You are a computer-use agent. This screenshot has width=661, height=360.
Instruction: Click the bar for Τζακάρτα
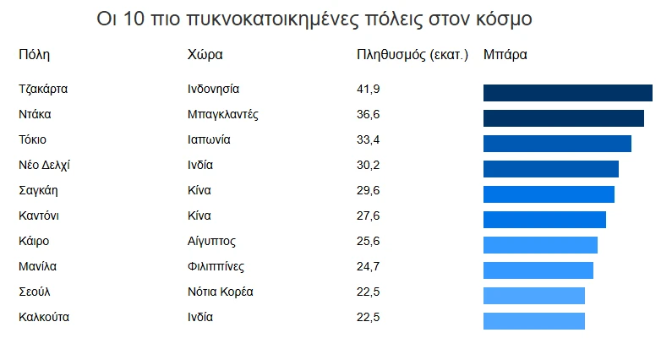tap(567, 93)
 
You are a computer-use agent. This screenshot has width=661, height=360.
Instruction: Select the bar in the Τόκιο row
tap(557, 144)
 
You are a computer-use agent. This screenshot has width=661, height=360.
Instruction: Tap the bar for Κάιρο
tap(540, 245)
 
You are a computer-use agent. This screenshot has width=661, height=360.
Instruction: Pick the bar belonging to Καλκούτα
tap(533, 321)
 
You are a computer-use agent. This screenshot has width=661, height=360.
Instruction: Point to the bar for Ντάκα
tap(563, 118)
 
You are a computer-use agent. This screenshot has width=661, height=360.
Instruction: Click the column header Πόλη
tap(35, 56)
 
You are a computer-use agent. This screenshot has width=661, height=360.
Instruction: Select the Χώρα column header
tap(205, 56)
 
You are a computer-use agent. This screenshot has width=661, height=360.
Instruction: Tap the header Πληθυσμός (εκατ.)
tap(412, 56)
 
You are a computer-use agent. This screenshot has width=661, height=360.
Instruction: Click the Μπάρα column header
tap(505, 56)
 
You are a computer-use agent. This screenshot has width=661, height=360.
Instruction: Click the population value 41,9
tap(369, 89)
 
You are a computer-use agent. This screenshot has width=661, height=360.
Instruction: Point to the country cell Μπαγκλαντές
tap(222, 114)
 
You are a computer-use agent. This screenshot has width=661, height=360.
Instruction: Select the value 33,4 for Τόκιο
tap(369, 139)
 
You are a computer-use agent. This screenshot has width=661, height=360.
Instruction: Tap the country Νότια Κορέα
tap(221, 292)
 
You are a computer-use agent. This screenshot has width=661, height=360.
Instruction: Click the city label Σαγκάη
tap(38, 190)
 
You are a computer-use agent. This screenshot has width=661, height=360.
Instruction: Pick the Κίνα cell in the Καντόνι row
tap(199, 215)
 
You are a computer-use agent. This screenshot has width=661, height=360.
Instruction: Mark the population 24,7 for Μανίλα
tap(369, 266)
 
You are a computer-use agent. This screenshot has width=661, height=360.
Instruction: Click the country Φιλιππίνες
tap(216, 266)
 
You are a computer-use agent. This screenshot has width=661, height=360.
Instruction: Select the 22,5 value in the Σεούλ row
tap(369, 292)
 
